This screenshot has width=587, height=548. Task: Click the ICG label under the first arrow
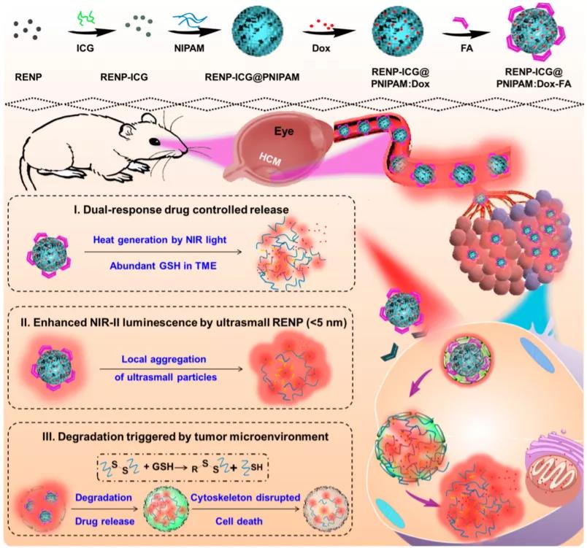[85, 48]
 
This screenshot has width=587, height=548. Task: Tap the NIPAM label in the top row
[189, 48]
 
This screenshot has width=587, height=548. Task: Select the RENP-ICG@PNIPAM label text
[252, 77]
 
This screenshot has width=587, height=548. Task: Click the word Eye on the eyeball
[284, 131]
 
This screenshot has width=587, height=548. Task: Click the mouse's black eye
[155, 142]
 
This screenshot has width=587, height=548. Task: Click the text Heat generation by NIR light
[160, 239]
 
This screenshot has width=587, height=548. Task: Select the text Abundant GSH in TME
[164, 266]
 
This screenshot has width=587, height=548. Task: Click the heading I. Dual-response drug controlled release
[181, 209]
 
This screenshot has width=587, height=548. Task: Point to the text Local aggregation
[164, 359]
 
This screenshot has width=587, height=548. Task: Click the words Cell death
[239, 521]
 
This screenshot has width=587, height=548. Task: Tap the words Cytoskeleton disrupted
[245, 498]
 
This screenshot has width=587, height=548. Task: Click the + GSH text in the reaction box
[158, 467]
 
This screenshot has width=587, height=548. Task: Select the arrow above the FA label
[466, 34]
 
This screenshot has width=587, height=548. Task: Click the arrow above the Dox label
[329, 33]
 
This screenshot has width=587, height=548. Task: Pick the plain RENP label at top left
[28, 77]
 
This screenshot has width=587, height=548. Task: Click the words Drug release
[104, 521]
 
